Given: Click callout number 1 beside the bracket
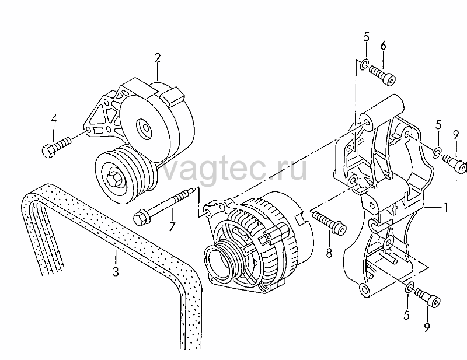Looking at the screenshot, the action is (446, 207).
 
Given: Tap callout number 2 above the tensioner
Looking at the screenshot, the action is (158, 57).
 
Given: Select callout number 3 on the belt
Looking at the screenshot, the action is (116, 272).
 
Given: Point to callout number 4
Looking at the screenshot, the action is (54, 120).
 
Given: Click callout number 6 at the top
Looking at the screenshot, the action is (383, 46).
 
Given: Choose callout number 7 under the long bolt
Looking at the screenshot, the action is (172, 227).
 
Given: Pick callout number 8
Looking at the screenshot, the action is (329, 253).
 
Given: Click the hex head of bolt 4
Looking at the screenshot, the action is (48, 151).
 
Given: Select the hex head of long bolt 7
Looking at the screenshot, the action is (140, 218).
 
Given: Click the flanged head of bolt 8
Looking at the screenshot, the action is (340, 228).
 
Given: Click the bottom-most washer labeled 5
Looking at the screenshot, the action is (410, 286).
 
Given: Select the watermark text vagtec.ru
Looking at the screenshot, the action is (234, 169).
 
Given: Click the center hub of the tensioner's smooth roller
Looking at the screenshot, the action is (144, 128).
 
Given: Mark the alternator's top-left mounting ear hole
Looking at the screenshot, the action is (221, 207).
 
